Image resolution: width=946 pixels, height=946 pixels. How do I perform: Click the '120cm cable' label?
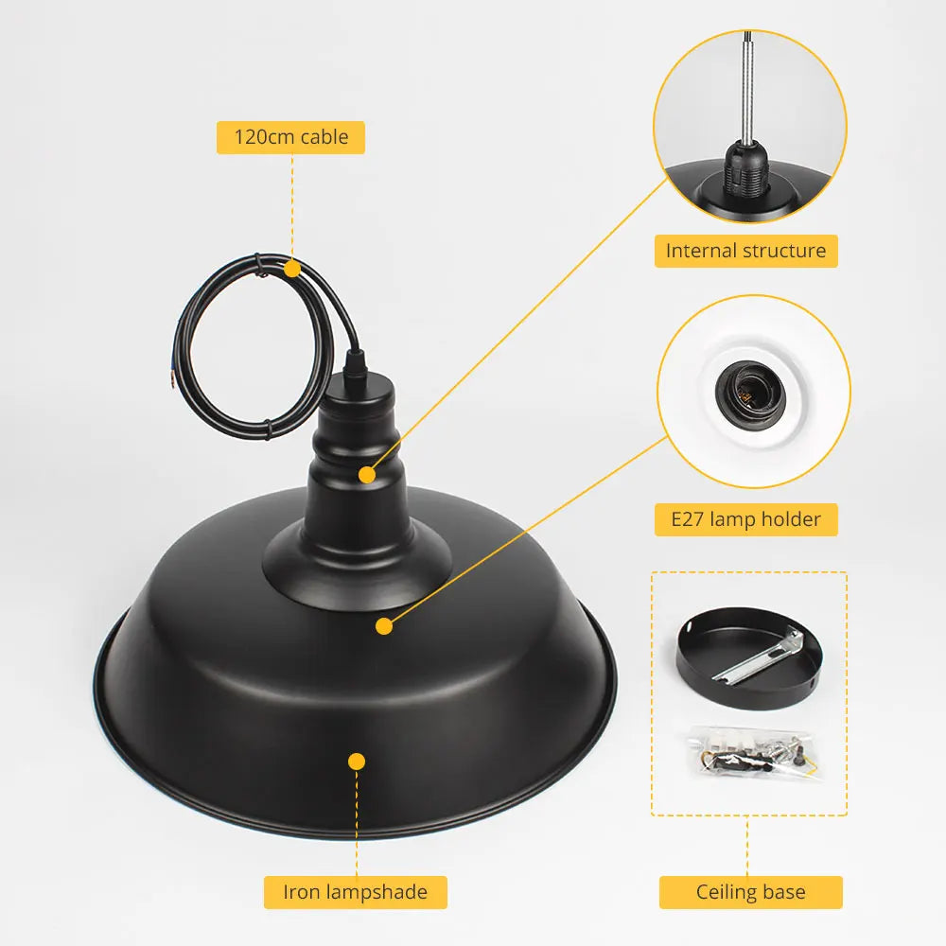click(290, 137)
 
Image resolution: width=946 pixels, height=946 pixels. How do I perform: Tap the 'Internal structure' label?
click(745, 251)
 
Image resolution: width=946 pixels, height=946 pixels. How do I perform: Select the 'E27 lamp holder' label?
click(745, 519)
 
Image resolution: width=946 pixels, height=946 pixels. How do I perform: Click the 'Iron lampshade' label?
click(356, 892)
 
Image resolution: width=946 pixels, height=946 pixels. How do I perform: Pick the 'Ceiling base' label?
click(750, 892)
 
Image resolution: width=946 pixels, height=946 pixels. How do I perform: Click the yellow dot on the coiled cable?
click(292, 269)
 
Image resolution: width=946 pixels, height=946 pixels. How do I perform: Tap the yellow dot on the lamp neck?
click(367, 475)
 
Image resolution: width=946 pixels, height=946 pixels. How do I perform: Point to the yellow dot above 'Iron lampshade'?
click(357, 762)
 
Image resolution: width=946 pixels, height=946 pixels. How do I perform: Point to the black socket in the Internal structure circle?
click(747, 169)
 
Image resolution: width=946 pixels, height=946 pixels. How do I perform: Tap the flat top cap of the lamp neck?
click(358, 388)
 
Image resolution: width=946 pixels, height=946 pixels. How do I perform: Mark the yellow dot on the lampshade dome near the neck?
click(384, 626)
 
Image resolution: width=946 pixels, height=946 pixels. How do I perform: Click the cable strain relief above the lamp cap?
click(355, 362)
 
